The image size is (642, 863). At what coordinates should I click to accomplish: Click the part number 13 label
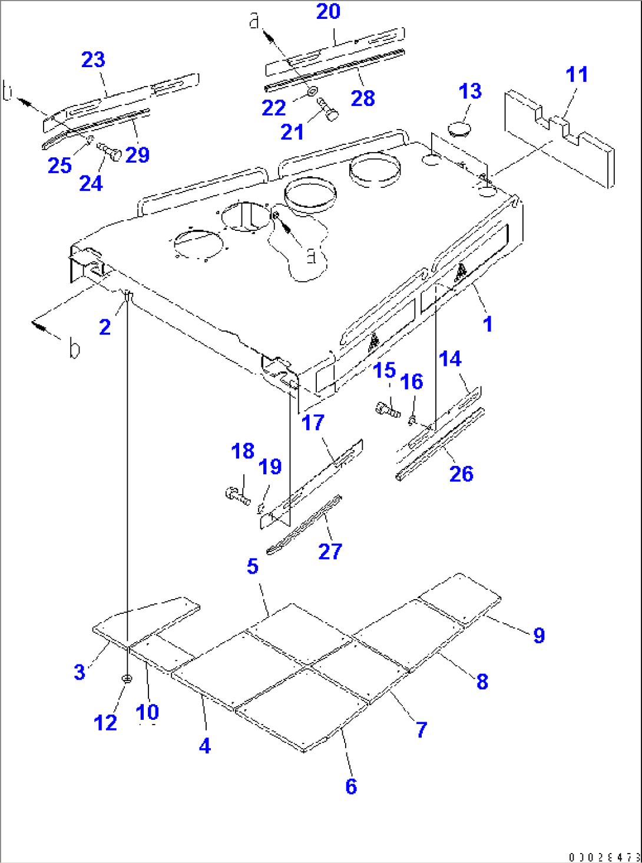click(x=470, y=91)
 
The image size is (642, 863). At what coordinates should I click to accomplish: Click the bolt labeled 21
click(x=327, y=109)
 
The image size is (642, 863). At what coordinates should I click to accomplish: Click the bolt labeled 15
click(x=387, y=408)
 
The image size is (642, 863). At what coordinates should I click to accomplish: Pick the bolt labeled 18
click(x=237, y=495)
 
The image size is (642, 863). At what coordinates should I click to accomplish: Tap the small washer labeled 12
click(x=127, y=679)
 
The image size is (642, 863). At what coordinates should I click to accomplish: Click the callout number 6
click(x=351, y=786)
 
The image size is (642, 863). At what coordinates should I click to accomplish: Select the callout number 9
click(x=538, y=635)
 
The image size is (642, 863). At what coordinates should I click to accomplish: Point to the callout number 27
click(x=330, y=551)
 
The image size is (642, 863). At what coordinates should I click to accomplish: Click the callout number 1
click(x=487, y=323)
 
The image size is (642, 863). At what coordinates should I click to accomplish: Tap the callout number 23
click(x=93, y=59)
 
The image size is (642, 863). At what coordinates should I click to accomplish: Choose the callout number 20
click(x=328, y=11)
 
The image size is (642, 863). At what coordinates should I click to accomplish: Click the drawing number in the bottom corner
click(x=604, y=856)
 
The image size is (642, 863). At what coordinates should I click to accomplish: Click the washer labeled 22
click(x=313, y=91)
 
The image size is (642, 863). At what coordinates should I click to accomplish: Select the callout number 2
click(x=105, y=327)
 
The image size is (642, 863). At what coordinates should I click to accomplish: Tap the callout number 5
click(x=252, y=566)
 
